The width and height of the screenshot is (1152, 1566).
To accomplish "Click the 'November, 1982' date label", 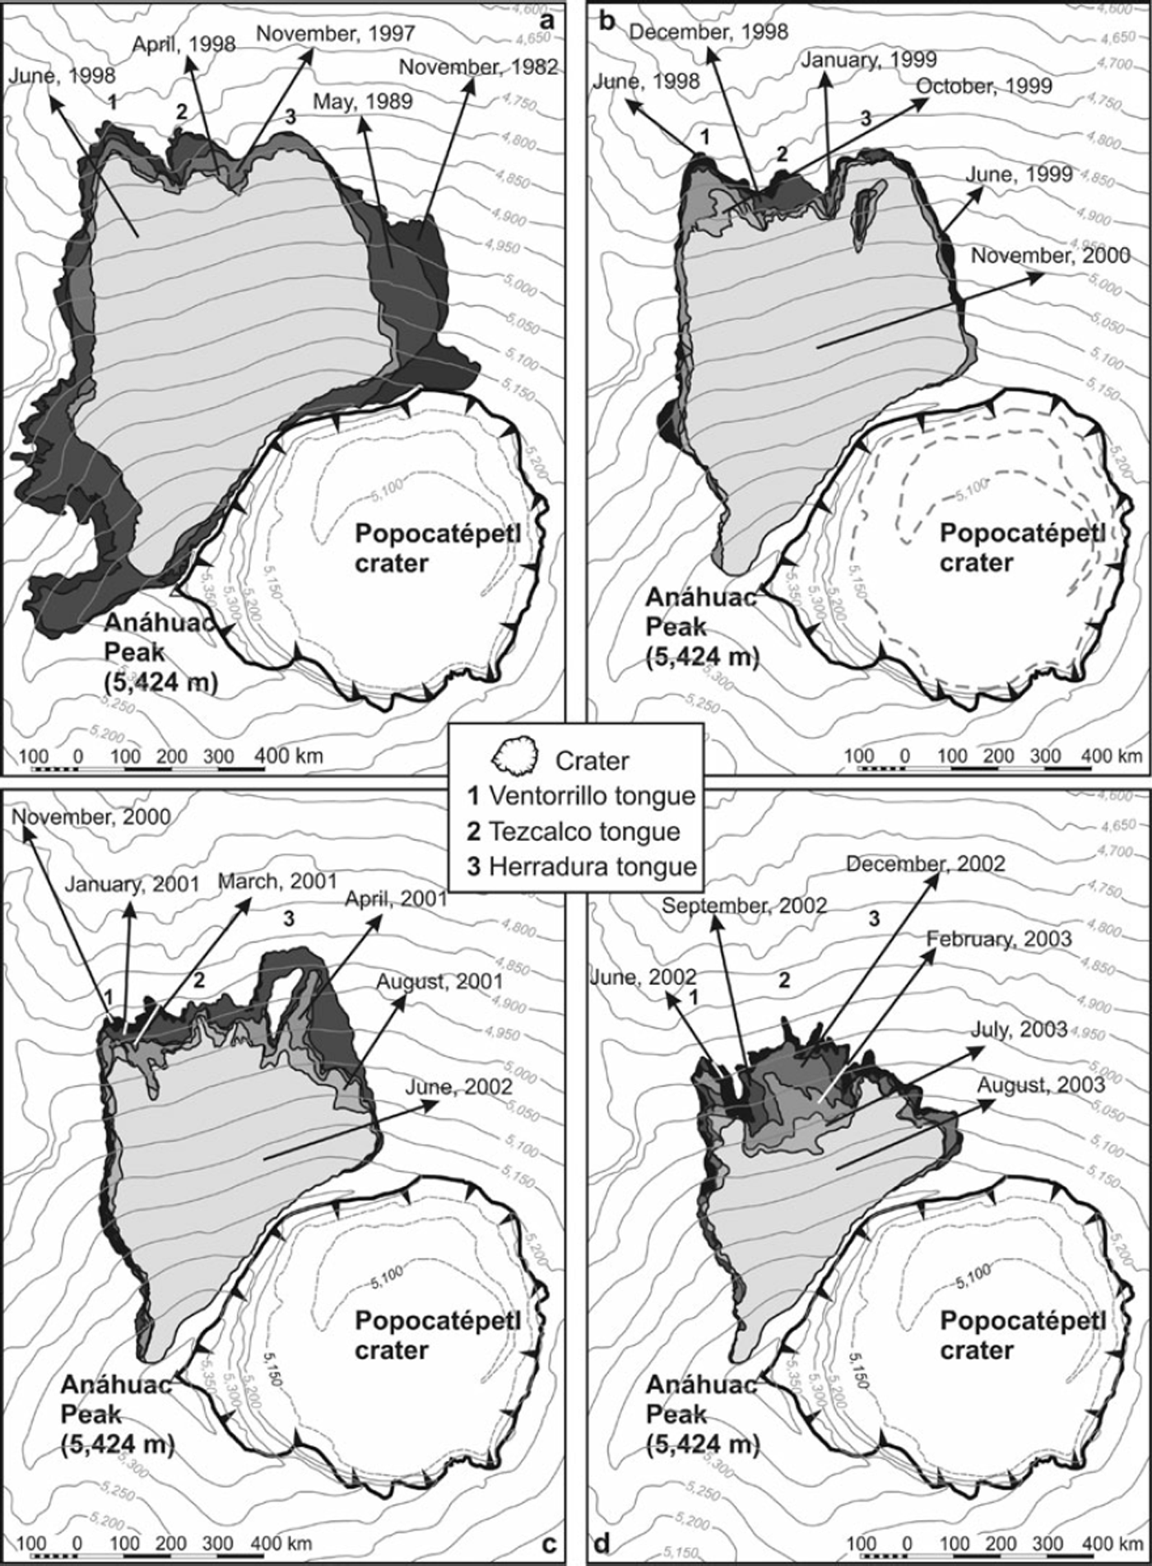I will (x=478, y=67).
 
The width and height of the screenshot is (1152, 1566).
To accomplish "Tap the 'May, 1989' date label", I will (x=363, y=100).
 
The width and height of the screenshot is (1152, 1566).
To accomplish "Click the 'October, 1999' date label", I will (x=983, y=86).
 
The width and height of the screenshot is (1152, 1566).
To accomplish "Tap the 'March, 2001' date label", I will (x=277, y=881).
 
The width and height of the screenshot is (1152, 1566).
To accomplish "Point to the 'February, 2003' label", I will (x=998, y=939).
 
